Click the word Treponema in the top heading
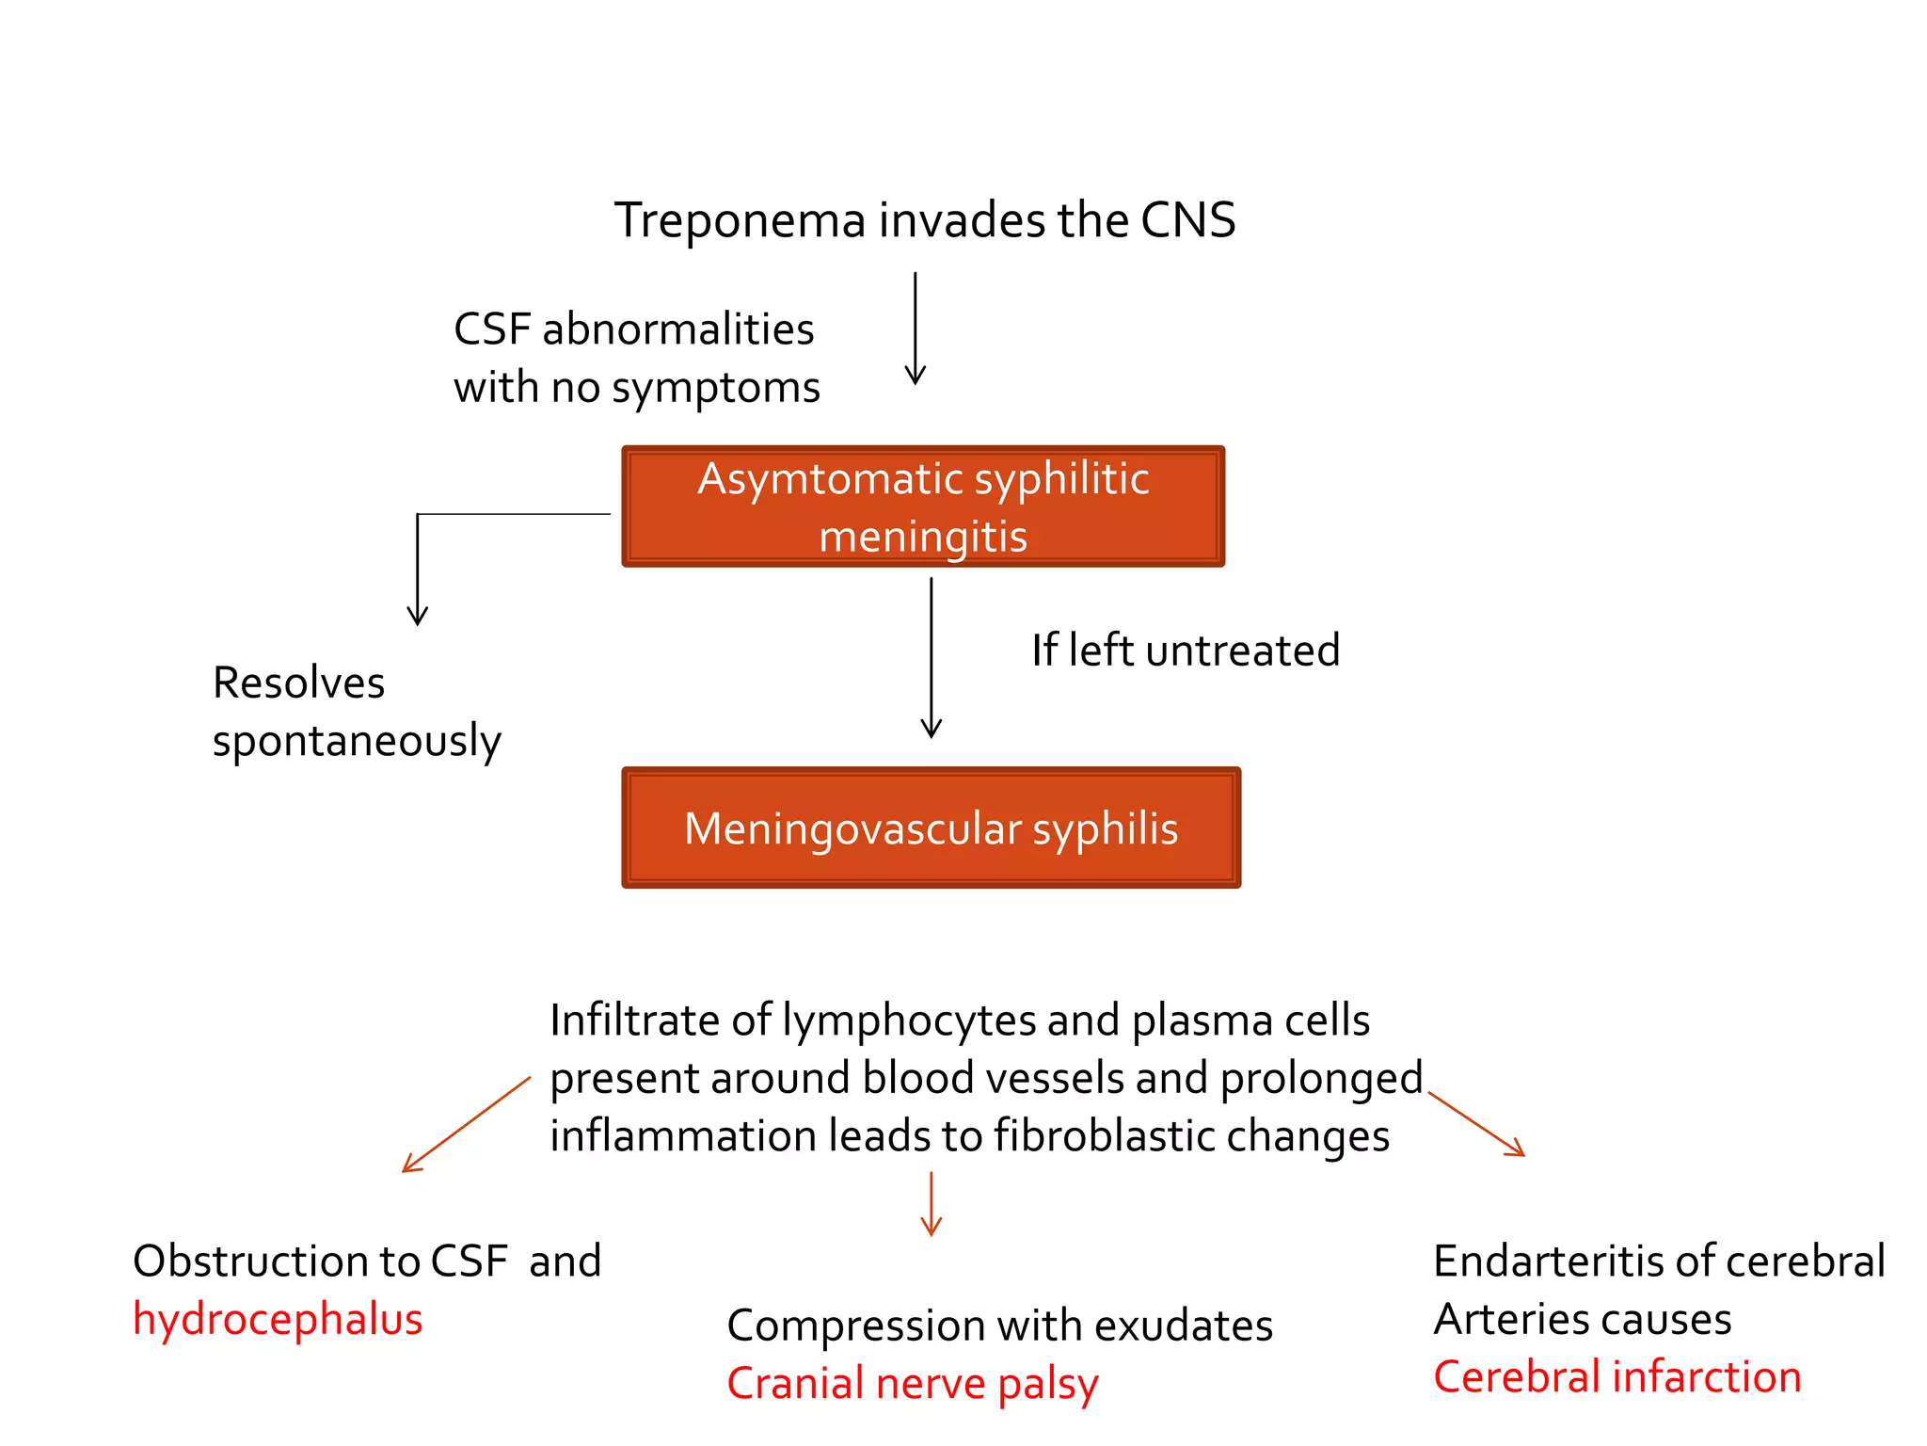pos(740,222)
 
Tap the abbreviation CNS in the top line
pos(1187,220)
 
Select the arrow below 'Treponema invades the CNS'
pos(915,329)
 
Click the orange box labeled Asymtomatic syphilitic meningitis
pos(923,506)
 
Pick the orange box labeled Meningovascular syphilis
pos(931,828)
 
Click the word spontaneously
pos(357,742)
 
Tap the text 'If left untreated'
pos(1185,651)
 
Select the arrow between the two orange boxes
pos(931,658)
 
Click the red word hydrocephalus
pos(278,1320)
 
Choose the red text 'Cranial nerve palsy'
pos(912,1384)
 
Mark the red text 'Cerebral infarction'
pos(1616,1377)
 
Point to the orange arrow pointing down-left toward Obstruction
pos(466,1125)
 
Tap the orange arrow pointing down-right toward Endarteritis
pos(1475,1123)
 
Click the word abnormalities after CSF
pos(677,329)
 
